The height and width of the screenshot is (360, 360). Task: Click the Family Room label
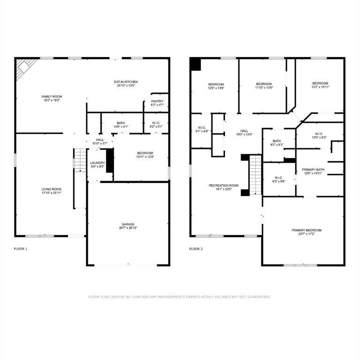(52, 97)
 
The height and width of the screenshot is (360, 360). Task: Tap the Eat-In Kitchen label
(126, 82)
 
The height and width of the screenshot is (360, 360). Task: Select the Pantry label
(157, 102)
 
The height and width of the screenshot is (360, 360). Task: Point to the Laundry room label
(97, 163)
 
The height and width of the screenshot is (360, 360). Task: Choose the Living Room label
(52, 189)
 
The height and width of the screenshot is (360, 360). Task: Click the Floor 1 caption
(20, 249)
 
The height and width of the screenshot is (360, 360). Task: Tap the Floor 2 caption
(196, 249)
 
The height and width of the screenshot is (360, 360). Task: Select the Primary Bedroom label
(307, 230)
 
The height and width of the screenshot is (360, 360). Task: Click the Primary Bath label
(313, 170)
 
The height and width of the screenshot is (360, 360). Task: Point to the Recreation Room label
(224, 186)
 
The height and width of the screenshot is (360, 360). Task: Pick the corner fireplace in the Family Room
(25, 69)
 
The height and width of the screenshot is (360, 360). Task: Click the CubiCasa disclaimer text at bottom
(180, 297)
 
